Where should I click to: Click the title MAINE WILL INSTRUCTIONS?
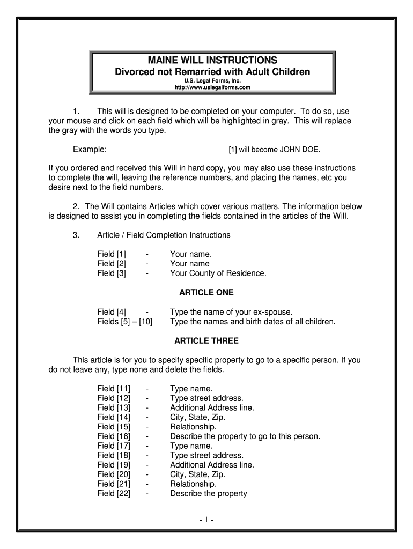click(213, 60)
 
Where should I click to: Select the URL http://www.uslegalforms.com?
click(213, 87)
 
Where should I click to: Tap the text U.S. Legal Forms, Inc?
click(213, 79)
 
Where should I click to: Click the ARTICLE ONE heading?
click(206, 293)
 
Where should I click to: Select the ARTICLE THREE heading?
click(206, 341)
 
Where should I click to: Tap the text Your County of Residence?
click(218, 273)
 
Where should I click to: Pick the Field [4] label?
click(112, 312)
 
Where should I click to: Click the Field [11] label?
click(114, 389)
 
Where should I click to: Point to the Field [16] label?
click(114, 436)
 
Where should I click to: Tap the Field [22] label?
click(114, 493)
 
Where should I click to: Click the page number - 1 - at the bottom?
click(206, 521)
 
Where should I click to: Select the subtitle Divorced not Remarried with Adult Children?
click(213, 71)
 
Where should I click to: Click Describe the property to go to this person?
click(245, 436)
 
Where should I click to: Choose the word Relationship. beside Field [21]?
click(193, 484)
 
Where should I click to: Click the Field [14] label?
click(114, 417)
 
